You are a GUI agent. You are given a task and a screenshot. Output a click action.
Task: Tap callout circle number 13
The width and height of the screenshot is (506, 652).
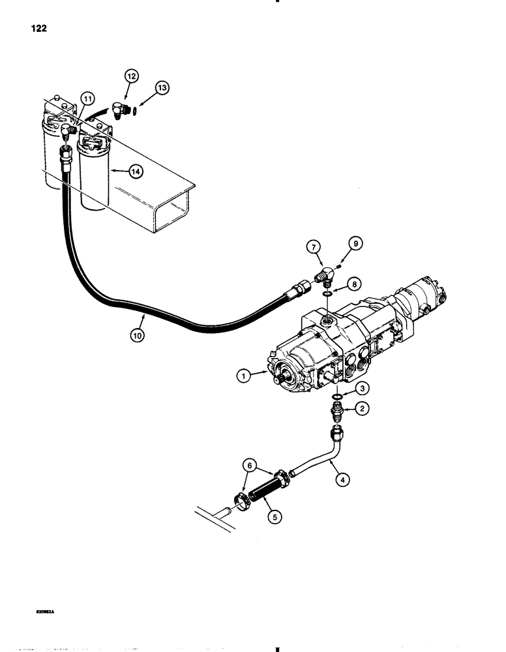(x=162, y=87)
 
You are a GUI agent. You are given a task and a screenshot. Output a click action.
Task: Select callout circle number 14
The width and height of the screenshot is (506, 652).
(x=135, y=172)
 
